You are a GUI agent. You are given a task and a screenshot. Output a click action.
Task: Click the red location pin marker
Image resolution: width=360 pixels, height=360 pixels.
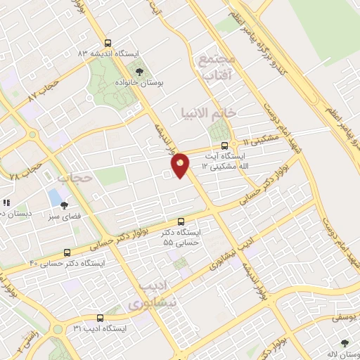180,165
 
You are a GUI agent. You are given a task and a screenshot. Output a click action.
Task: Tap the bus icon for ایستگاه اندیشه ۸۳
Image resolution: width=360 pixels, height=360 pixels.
107,41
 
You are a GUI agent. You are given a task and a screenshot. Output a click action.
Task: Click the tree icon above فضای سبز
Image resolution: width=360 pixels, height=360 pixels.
64,205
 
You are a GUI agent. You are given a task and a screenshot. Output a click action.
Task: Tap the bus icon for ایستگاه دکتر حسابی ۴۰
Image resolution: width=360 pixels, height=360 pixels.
67,252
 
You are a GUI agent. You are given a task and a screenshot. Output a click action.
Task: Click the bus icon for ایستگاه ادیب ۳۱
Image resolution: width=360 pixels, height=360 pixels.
100,318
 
